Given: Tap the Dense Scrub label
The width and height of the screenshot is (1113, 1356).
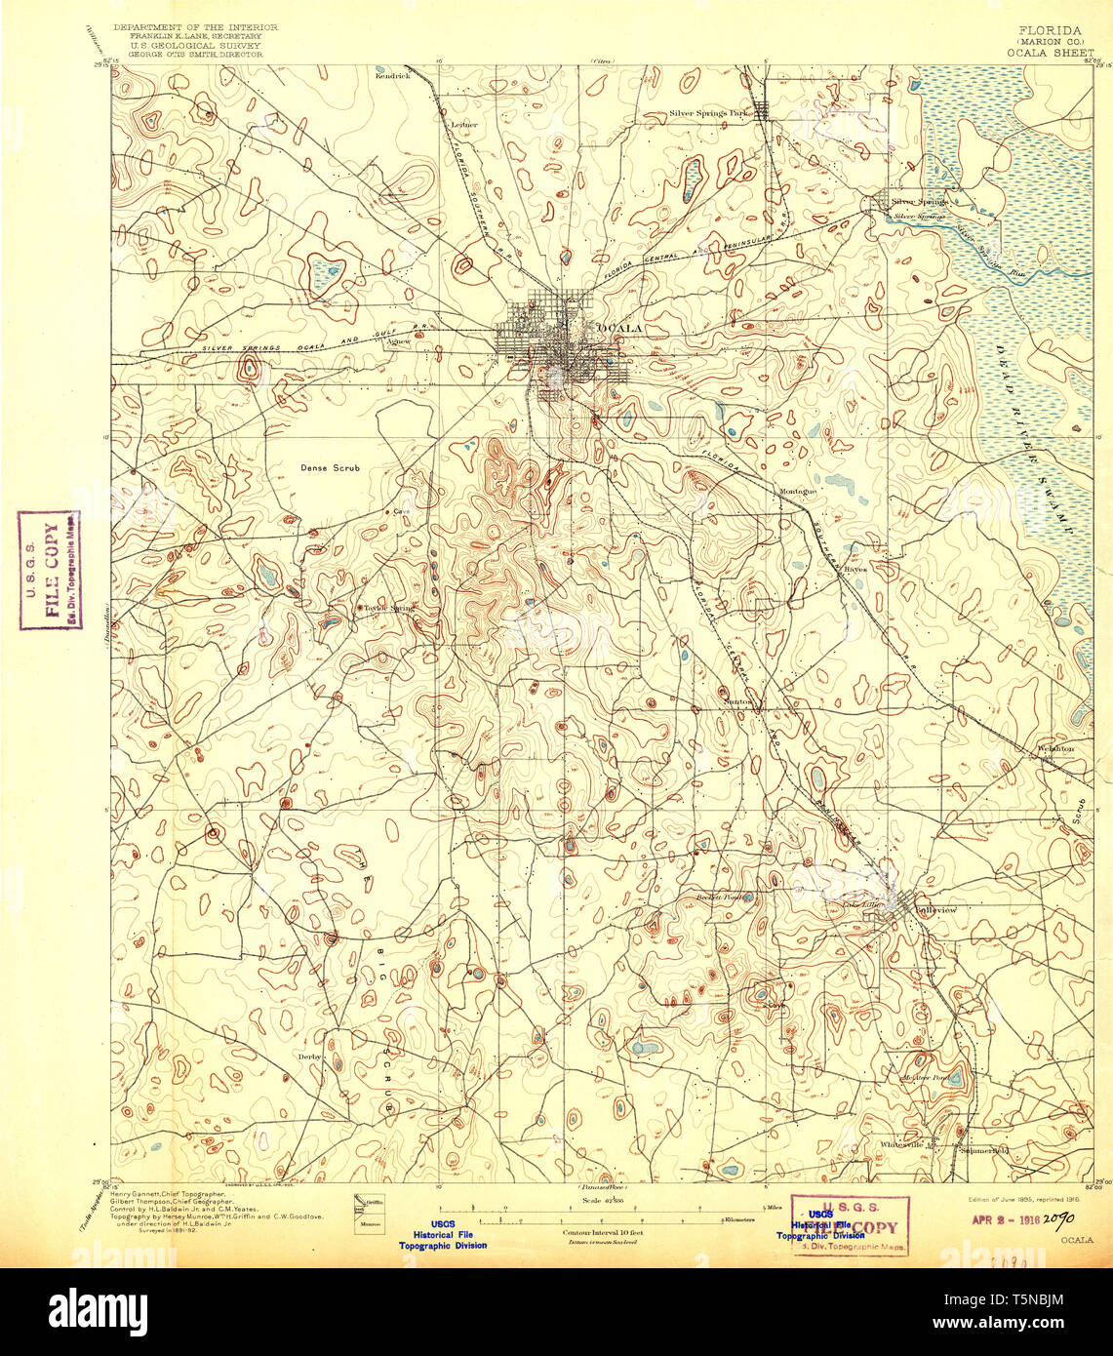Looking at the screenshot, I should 330,468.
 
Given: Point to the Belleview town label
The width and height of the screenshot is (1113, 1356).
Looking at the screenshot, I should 935,909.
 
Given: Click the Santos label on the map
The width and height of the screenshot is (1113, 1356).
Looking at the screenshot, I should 738,700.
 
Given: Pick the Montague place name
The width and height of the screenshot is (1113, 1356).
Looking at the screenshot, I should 797,491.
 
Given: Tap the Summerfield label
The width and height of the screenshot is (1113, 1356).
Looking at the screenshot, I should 981,1148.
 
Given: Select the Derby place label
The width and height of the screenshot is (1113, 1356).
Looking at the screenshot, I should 308,1056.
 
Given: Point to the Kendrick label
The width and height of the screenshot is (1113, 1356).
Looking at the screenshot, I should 394,74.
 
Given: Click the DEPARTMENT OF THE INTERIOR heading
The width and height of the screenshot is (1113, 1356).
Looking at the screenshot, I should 195,27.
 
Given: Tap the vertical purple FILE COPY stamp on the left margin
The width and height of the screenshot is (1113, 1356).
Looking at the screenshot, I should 51,571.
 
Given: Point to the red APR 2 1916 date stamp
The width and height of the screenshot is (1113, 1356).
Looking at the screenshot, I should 1005,1217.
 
